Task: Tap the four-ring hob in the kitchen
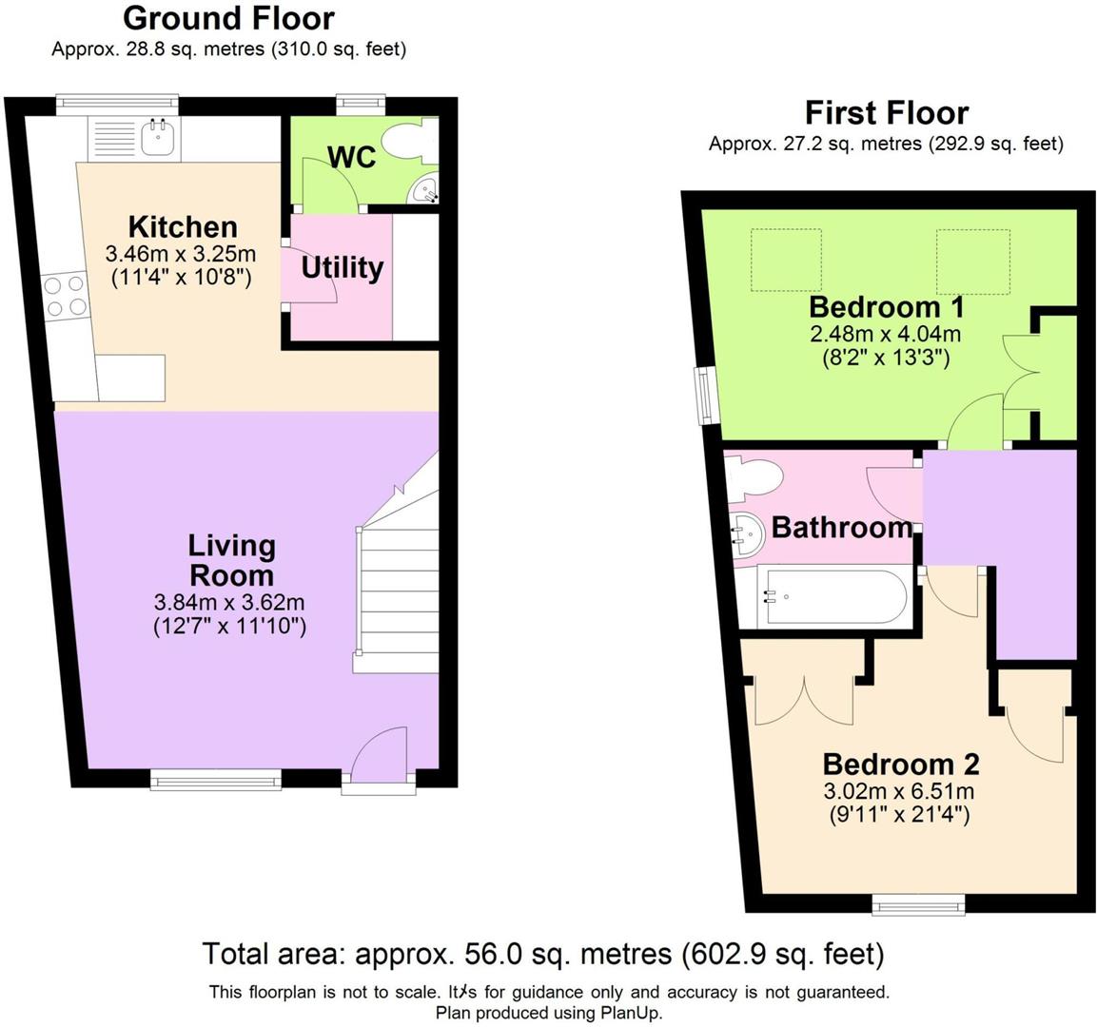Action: point(65,297)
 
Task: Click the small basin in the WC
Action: point(424,188)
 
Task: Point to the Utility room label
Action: point(343,268)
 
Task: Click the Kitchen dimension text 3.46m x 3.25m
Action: point(181,253)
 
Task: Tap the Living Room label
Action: point(231,561)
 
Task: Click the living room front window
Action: point(216,779)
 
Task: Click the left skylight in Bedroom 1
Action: point(786,260)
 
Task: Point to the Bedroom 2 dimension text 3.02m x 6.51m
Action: point(899,791)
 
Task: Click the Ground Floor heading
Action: point(228,18)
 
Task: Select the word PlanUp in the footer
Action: point(629,1013)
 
